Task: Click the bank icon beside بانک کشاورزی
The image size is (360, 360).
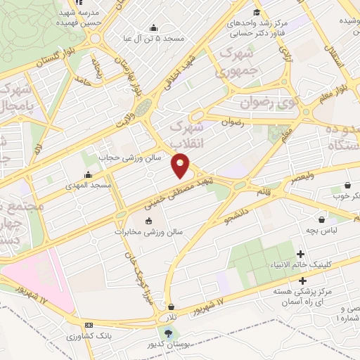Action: (89, 325)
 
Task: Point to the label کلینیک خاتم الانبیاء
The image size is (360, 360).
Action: (300, 265)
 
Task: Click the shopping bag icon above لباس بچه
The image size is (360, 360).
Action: (321, 219)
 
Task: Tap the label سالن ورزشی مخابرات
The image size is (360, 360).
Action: (149, 232)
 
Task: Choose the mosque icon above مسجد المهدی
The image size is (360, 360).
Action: (88, 175)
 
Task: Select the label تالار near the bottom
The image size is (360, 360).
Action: (171, 318)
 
